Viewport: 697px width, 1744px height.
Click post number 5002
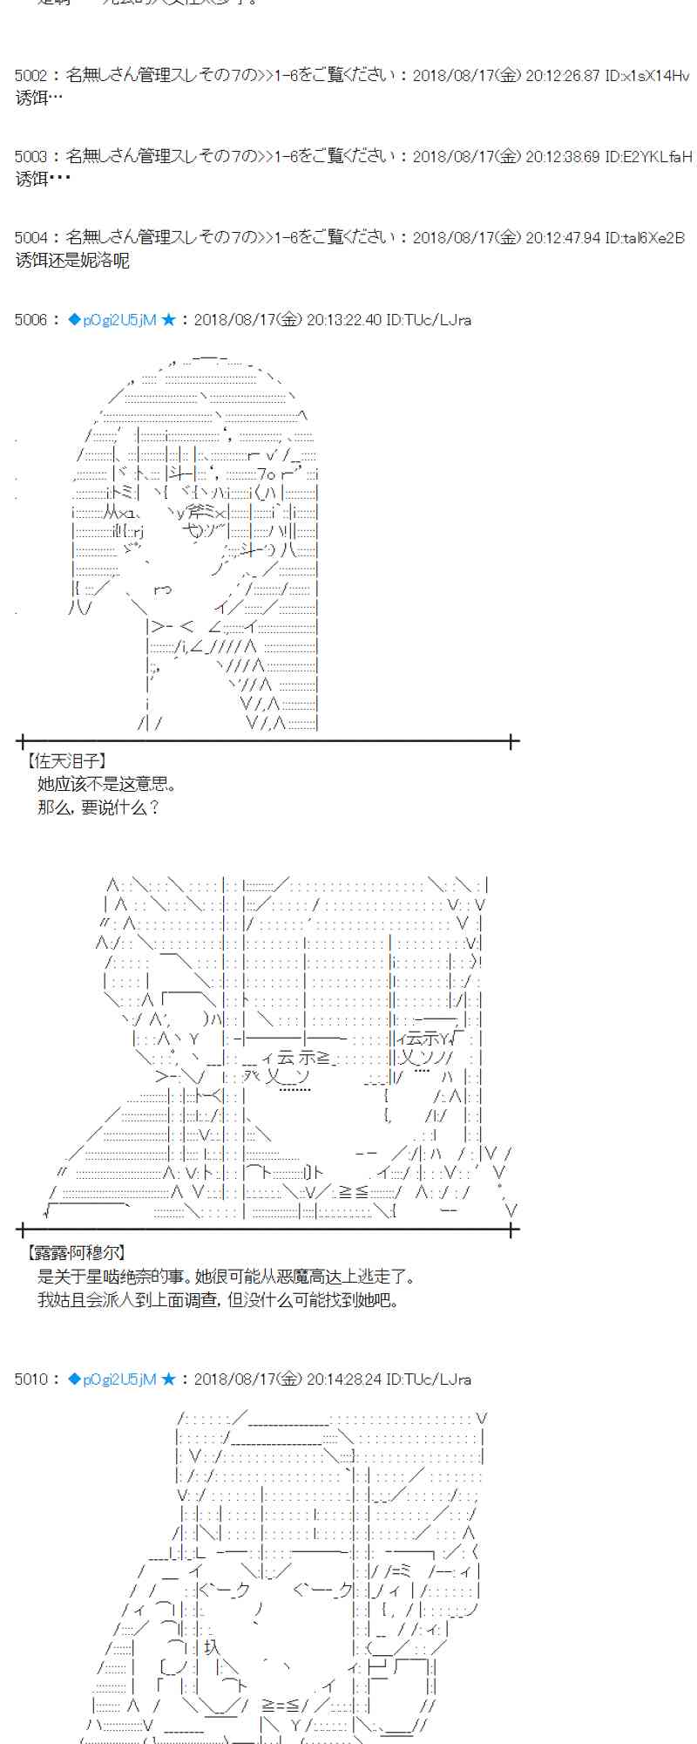[30, 76]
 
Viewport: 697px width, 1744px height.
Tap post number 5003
[30, 157]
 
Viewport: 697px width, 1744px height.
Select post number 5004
[30, 237]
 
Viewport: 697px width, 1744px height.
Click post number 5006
[30, 320]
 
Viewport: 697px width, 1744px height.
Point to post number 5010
[30, 1379]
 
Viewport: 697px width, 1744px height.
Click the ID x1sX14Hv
[646, 76]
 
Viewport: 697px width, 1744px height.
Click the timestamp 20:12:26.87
[564, 76]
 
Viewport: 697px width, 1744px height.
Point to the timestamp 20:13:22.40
[345, 320]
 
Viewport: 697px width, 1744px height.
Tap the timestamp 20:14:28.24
[345, 1379]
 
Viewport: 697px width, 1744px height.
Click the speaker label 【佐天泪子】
[67, 761]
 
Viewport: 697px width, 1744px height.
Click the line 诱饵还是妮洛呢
[72, 260]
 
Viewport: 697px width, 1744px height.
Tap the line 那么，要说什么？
[98, 807]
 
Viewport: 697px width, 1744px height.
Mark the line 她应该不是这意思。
[108, 784]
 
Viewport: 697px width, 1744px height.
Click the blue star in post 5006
[169, 320]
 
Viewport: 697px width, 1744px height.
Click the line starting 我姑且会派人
[218, 1300]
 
